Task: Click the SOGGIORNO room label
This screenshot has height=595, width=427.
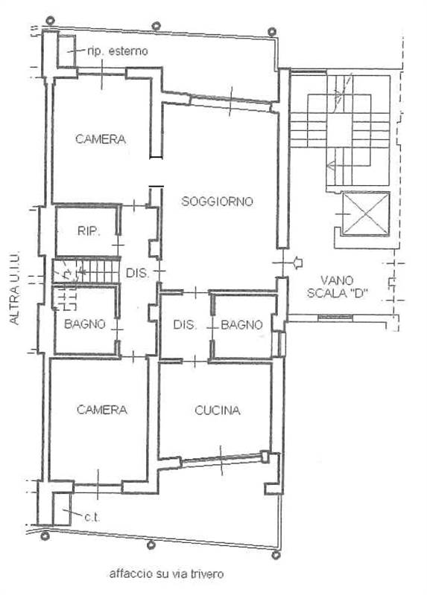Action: [x=218, y=201]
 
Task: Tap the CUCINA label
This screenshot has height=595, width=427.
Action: [x=217, y=410]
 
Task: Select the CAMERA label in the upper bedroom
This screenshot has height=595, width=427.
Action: [x=101, y=139]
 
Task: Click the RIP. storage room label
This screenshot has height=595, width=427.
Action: [x=88, y=231]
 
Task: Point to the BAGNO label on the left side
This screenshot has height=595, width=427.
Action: [x=84, y=324]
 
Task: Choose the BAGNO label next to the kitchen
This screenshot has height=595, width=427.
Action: [x=241, y=324]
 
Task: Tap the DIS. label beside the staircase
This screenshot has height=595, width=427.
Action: [x=137, y=273]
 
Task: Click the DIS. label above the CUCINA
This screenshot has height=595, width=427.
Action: [x=185, y=324]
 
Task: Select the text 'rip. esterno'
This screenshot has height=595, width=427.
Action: [x=118, y=51]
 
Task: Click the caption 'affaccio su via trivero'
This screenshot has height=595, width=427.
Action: [x=166, y=573]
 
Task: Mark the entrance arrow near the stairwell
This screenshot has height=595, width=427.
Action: [x=299, y=262]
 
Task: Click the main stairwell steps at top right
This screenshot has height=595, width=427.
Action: [x=340, y=130]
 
